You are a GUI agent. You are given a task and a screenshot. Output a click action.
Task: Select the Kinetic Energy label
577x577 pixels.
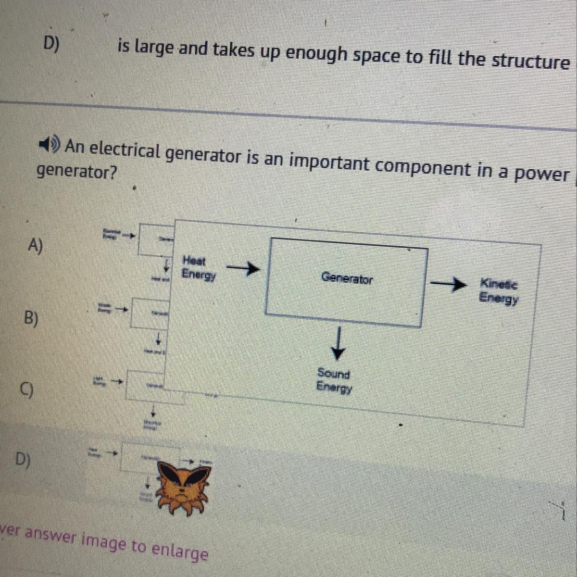point(499,291)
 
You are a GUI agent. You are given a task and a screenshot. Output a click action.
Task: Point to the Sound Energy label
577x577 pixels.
point(334,380)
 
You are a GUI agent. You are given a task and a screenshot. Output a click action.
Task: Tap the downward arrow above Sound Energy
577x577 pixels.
point(339,343)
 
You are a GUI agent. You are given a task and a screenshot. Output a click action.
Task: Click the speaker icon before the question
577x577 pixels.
point(50,143)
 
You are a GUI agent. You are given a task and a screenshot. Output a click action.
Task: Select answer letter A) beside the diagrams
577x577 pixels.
point(36,246)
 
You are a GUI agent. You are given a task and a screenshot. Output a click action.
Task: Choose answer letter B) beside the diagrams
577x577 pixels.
point(32,318)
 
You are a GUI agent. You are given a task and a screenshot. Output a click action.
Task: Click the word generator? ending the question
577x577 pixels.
point(77,172)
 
